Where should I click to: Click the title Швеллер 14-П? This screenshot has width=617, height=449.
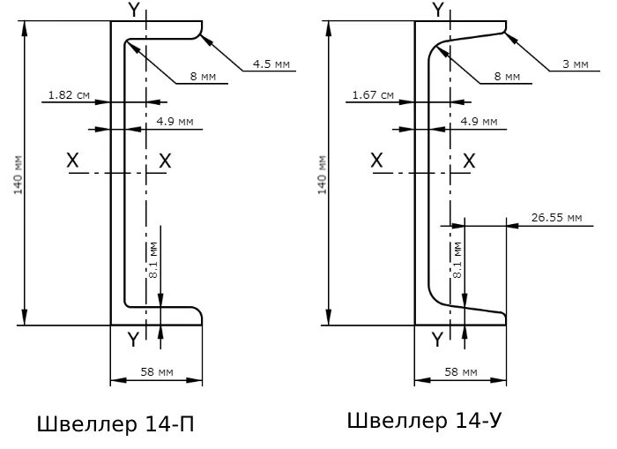(115, 425)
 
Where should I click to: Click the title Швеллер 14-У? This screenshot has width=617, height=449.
(417, 421)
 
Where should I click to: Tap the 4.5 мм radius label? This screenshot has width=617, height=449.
(271, 64)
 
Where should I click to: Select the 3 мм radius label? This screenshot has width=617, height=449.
(575, 64)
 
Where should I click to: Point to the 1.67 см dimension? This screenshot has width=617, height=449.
(372, 94)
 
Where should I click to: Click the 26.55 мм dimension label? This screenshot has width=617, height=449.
(557, 217)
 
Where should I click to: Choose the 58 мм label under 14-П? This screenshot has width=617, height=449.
(155, 372)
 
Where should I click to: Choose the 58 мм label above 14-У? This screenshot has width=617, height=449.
(461, 372)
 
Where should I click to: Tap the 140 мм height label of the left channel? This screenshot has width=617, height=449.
(19, 176)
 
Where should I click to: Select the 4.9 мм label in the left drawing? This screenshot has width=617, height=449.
(174, 121)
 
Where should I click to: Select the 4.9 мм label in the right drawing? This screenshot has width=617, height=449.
(478, 121)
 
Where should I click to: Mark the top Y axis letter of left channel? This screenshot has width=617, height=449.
(133, 10)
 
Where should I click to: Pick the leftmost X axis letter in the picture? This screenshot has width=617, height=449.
(73, 161)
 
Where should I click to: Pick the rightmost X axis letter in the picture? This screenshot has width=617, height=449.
(469, 161)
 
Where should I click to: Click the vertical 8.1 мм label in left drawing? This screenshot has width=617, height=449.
(153, 261)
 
